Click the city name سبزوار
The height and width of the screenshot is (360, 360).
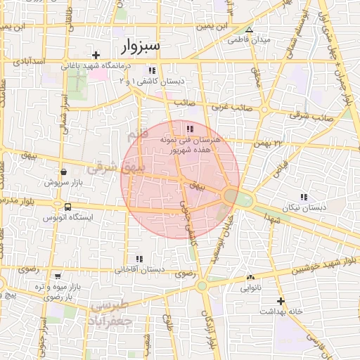click(x=141, y=46)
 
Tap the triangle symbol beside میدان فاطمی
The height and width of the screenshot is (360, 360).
click(x=249, y=30)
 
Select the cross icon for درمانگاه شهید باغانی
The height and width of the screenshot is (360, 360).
click(x=96, y=55)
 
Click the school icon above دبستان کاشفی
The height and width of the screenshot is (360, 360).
click(x=152, y=70)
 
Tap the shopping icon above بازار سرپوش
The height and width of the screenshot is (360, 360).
click(x=64, y=172)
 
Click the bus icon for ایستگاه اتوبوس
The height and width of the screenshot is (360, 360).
click(x=67, y=207)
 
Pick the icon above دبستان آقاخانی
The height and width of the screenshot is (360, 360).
click(x=139, y=259)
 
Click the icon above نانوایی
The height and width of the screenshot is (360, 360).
click(x=250, y=277)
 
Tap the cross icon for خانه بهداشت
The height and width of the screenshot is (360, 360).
click(x=280, y=301)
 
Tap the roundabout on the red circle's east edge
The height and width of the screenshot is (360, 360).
click(x=230, y=196)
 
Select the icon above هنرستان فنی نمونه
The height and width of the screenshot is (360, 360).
click(x=190, y=129)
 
